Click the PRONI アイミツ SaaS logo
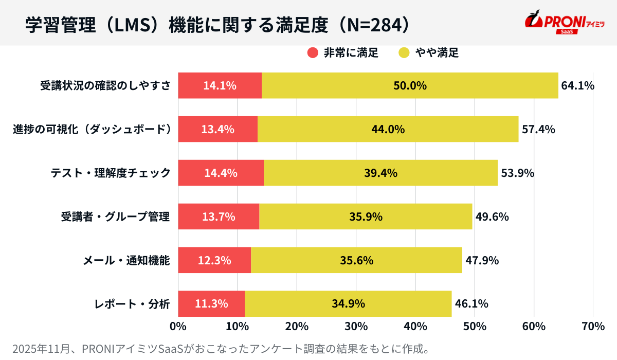(x=564, y=23)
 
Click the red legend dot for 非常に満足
(x=313, y=52)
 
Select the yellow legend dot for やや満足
(x=404, y=52)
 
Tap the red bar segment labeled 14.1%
(x=220, y=86)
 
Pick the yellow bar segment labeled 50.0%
(x=410, y=86)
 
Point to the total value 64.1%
(x=577, y=86)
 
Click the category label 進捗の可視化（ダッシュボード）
(x=92, y=130)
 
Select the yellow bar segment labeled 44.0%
(x=388, y=130)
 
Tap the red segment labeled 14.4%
(x=221, y=173)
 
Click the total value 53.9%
(x=517, y=173)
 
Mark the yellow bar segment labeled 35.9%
(x=366, y=217)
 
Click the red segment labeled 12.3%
(x=214, y=260)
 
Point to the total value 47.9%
(x=482, y=260)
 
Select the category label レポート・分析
(x=132, y=304)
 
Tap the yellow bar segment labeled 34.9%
(x=348, y=304)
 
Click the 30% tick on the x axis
(x=356, y=327)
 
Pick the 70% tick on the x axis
(x=593, y=327)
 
